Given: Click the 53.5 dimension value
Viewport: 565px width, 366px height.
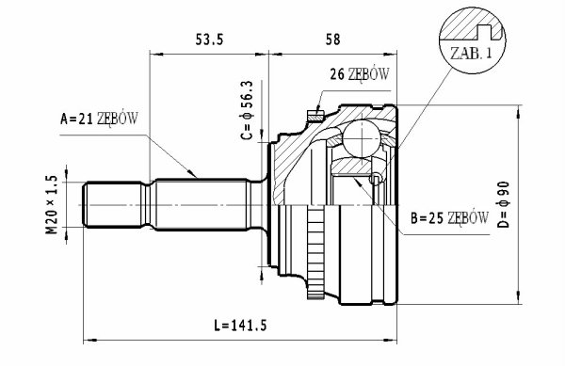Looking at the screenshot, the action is coord(209,40).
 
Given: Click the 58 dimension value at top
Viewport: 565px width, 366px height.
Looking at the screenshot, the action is coord(333,40).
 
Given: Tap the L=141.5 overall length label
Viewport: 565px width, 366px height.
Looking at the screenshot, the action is coord(240,326).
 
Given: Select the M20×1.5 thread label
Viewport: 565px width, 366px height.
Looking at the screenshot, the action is coord(51,204).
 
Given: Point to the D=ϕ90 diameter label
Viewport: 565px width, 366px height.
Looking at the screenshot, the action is coord(504,204).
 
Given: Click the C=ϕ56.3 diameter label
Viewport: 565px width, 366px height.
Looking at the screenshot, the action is coord(247,110).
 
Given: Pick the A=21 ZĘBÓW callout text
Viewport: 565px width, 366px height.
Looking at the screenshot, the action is coord(99,118).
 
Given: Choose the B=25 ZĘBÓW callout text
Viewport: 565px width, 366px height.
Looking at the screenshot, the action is coord(449,217).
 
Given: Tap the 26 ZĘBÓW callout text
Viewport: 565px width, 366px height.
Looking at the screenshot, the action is coord(360,74).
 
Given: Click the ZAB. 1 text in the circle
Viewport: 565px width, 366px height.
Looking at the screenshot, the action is coord(471,54).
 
